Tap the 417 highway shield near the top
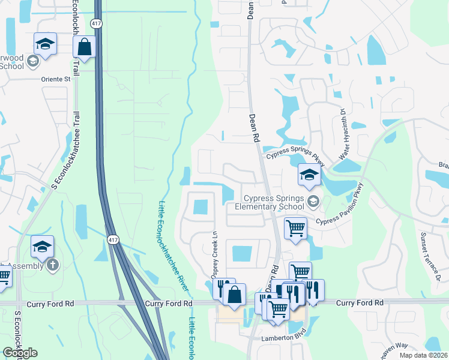click(97, 23)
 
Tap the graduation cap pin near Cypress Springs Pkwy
click(309, 175)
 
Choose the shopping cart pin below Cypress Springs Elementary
click(295, 228)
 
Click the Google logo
click(20, 353)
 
